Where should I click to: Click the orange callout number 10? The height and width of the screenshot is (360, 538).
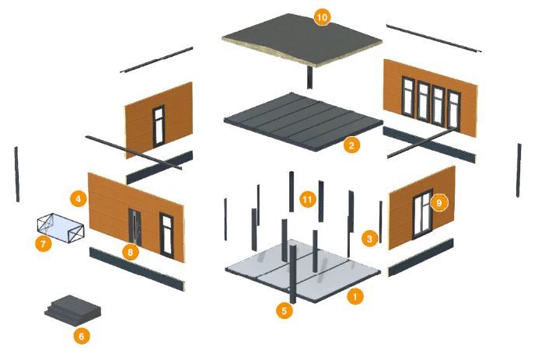click(322, 17)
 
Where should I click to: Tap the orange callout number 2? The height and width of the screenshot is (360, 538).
click(351, 145)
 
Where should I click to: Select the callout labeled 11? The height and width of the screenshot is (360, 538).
click(307, 199)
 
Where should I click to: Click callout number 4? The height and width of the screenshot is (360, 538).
click(79, 199)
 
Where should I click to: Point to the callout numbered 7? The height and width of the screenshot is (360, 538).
click(44, 244)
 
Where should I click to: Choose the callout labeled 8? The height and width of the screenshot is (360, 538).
click(131, 253)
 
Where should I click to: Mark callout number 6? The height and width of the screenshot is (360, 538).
click(82, 336)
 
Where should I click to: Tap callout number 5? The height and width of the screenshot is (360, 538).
click(285, 311)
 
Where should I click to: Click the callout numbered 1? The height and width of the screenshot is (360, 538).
click(355, 296)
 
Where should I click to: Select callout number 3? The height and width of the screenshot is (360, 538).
click(369, 239)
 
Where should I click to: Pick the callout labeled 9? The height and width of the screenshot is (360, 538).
click(439, 202)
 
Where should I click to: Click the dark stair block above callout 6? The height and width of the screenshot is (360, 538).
click(73, 310)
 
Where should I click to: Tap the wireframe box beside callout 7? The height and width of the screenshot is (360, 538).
click(61, 229)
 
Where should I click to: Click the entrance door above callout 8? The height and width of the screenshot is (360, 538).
click(134, 227)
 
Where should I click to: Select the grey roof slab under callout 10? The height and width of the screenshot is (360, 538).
click(302, 40)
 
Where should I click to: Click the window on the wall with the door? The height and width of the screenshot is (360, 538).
click(166, 236)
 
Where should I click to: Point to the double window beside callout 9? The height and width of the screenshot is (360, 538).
click(423, 214)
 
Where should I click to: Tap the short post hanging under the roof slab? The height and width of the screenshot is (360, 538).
click(309, 78)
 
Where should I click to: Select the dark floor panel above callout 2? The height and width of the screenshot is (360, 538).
click(303, 121)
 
